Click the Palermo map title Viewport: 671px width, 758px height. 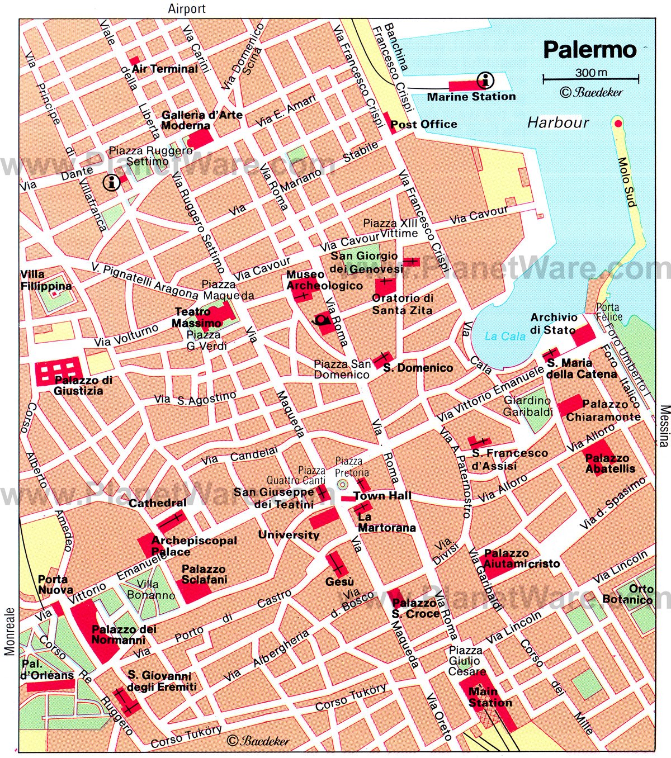[x=590, y=50]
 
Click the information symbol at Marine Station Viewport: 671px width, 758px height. [x=485, y=80]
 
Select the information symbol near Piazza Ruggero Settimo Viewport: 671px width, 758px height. [x=111, y=182]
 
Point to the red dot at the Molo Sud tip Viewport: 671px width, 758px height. [x=617, y=124]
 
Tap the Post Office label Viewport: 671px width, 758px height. [x=423, y=124]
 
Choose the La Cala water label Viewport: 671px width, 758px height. [x=505, y=336]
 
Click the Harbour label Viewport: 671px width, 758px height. [x=558, y=122]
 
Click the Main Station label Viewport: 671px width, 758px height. [x=489, y=697]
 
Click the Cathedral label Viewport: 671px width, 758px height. [x=158, y=503]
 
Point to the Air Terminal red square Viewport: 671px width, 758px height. [x=134, y=60]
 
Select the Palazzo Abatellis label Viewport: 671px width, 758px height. [x=610, y=463]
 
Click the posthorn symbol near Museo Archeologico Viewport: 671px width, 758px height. [x=322, y=320]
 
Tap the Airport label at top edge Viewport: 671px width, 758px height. [x=187, y=8]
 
